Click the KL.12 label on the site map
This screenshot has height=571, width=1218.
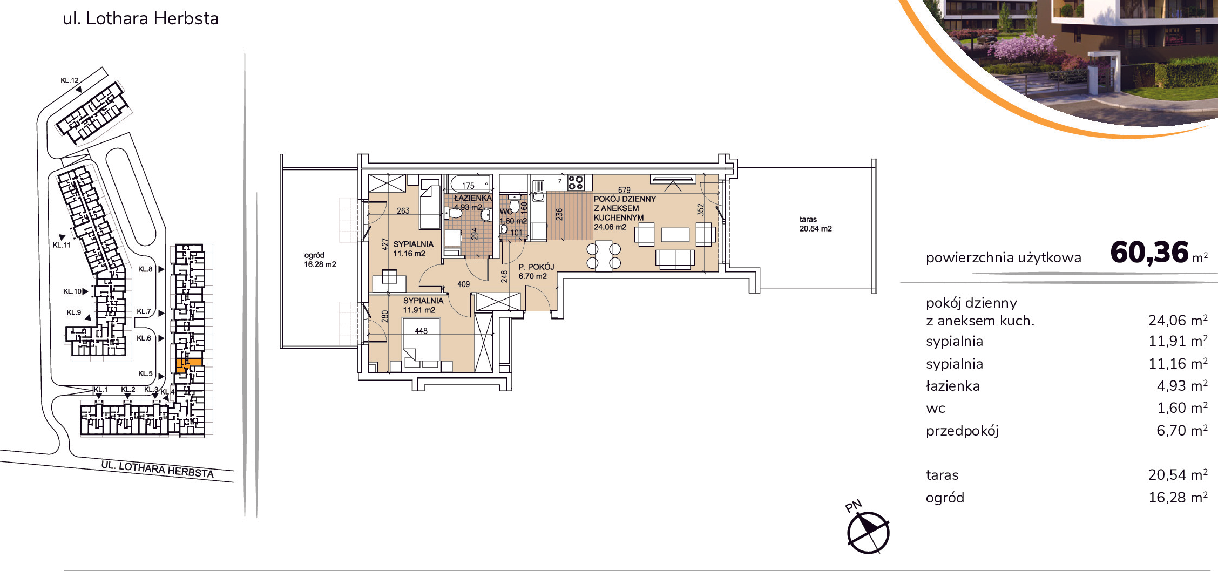coord(70,80)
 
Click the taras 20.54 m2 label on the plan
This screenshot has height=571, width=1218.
coord(815,224)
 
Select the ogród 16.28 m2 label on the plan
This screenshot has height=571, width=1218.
coord(320,260)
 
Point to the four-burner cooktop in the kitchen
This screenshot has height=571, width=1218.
coord(576,182)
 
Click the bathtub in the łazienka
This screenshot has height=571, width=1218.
coord(470,184)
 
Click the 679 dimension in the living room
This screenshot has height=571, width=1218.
coord(624,190)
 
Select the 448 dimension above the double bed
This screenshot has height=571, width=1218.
coord(421,331)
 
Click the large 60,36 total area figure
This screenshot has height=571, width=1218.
coord(1149,252)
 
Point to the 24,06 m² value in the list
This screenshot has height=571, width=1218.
coord(1178,320)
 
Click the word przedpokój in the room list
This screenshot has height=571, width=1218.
coord(962,431)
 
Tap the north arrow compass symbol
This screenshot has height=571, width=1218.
coord(868,532)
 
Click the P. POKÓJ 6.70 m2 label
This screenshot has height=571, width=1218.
coord(536,271)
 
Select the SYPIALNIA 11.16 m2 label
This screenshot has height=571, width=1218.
coord(413,249)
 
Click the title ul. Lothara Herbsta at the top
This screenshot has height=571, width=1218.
coord(141,18)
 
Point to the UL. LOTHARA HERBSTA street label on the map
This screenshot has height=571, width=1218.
coord(158,470)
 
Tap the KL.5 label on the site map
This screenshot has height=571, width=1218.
coord(145,373)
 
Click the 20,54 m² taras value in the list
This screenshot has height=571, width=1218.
coord(1178,475)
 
